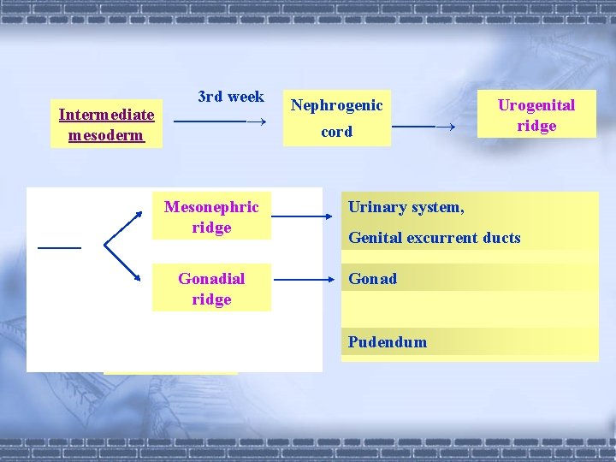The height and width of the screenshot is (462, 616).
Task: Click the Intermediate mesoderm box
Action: [106, 125]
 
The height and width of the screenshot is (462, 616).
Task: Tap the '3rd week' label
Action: [231, 97]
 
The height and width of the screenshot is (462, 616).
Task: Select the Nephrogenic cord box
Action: [336, 118]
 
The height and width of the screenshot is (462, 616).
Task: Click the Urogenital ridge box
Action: [536, 115]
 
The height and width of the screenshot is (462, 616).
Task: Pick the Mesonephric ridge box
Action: [211, 217]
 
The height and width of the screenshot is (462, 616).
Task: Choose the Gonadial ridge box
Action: [211, 289]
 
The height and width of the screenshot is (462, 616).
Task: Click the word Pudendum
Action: [388, 342]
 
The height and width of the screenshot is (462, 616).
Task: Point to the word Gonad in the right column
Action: [372, 279]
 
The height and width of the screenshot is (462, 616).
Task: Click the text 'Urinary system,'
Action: [406, 207]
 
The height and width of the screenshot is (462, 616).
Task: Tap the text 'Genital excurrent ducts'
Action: [435, 238]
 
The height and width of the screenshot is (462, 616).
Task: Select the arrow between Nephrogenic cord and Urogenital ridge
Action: [423, 127]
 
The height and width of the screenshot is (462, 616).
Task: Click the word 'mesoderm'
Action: [106, 135]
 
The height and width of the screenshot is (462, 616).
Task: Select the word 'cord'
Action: [336, 133]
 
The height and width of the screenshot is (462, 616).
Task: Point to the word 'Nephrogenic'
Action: [336, 105]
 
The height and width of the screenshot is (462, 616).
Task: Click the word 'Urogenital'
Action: [536, 105]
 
